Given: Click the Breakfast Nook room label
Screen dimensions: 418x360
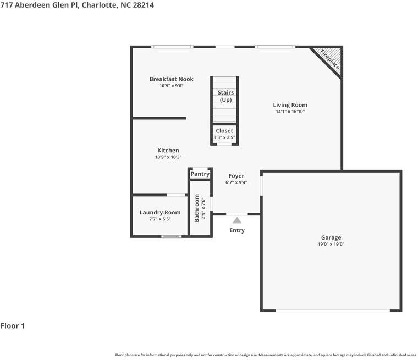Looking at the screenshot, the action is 172,79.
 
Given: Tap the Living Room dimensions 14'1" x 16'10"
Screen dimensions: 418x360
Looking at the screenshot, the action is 290,112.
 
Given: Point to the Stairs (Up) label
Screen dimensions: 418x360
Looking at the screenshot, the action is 226,96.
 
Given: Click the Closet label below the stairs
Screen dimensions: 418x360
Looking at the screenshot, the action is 224,131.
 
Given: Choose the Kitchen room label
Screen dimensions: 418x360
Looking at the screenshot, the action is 168,150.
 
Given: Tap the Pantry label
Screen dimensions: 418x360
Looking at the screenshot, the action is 200,174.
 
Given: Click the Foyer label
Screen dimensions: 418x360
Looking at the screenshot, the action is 237,176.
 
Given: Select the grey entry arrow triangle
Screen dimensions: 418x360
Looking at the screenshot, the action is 237,220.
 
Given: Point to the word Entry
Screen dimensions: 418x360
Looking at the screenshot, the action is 237,230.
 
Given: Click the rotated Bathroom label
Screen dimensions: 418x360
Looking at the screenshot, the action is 197,208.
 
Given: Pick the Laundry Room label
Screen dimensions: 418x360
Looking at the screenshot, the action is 160,212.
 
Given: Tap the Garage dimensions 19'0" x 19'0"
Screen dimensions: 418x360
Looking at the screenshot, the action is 331,244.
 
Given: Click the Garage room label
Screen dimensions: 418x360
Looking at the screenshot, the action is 331,237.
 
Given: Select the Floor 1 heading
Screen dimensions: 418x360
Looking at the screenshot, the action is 13,325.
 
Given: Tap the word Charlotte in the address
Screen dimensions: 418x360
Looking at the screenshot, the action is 99,5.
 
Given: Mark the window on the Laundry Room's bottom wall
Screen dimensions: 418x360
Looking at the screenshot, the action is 172,236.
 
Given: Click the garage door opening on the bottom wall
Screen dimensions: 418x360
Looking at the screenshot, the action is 333,311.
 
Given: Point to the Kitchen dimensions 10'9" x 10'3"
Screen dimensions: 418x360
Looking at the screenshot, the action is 168,157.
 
